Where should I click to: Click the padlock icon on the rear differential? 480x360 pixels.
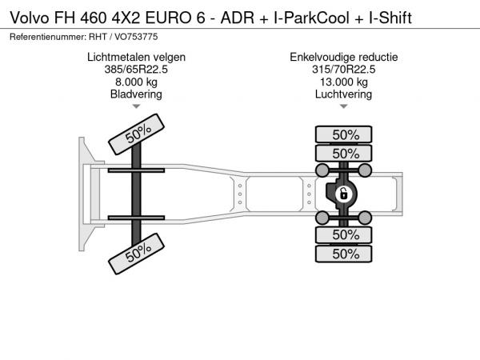[x=343, y=194]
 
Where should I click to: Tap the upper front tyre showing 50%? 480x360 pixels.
[x=136, y=134]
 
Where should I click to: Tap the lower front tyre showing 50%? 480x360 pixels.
[x=136, y=254]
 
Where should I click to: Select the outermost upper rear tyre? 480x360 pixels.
[x=343, y=134]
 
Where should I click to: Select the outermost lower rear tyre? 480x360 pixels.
[x=343, y=254]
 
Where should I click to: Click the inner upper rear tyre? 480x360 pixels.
[x=343, y=153]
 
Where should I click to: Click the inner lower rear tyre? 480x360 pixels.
[x=343, y=234]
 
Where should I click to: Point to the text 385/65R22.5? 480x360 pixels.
[x=136, y=70]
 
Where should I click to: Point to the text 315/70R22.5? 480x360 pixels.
[x=343, y=70]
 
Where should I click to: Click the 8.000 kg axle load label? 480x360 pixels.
[x=136, y=82]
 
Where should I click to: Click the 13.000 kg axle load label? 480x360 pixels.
[x=343, y=82]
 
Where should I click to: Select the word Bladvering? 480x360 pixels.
[x=136, y=94]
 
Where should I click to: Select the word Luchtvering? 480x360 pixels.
[x=343, y=94]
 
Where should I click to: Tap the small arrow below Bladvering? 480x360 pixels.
[x=136, y=106]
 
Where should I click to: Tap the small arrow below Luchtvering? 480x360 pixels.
[x=343, y=106]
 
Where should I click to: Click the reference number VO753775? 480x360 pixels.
[x=136, y=37]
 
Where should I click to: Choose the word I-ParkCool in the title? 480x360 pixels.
[x=312, y=18]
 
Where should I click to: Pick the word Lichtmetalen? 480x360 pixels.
[x=118, y=58]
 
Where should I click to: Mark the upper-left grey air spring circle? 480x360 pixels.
[x=322, y=170]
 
